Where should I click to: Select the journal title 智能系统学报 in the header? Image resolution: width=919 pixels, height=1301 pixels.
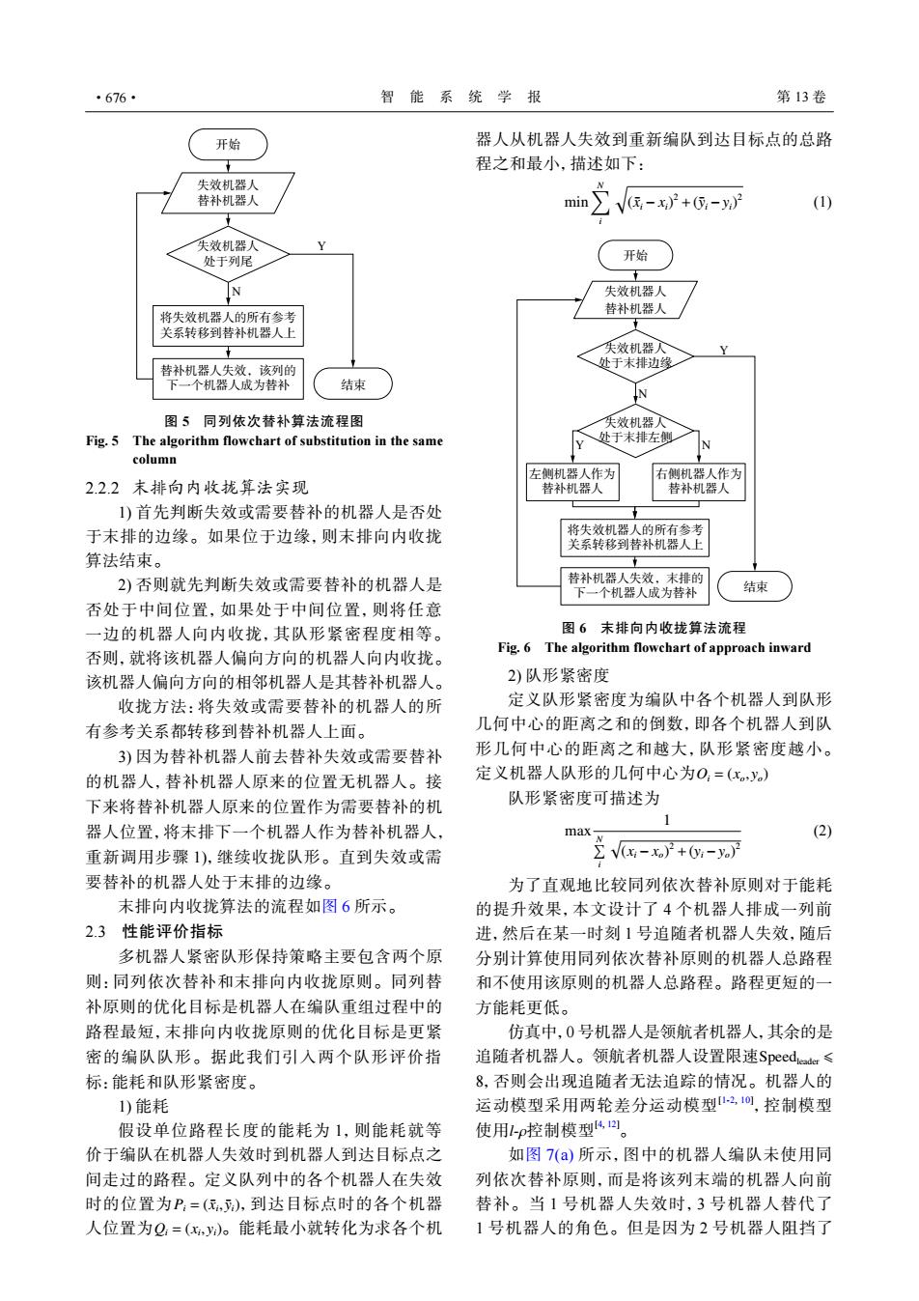point(461,97)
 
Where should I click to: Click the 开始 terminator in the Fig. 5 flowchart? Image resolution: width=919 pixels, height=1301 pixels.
point(228,145)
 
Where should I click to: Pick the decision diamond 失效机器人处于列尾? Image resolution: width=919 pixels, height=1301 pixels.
point(228,254)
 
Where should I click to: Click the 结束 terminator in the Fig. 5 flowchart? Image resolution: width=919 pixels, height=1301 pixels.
point(353,383)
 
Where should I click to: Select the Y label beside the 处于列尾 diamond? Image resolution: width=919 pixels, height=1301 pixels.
point(321,246)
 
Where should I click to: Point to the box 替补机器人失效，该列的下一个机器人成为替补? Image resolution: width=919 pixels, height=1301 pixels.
point(228,379)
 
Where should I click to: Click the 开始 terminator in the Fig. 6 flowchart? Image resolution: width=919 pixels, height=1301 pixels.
point(635,256)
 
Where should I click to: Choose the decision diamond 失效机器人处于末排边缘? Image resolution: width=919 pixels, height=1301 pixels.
point(635,356)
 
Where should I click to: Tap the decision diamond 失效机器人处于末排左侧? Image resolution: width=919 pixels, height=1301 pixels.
point(635,431)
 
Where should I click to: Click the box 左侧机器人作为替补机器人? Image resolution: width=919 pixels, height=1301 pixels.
point(572,482)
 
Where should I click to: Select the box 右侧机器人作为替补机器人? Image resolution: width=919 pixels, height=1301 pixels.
point(698,482)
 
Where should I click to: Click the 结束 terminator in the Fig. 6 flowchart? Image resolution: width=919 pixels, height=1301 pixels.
point(755,586)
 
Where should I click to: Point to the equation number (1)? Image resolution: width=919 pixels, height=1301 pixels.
point(822,202)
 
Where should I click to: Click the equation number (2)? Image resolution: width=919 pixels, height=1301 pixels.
point(822,831)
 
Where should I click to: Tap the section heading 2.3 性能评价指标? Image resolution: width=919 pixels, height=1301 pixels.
point(153,932)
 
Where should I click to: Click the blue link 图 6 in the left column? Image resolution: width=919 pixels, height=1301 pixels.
point(336,906)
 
